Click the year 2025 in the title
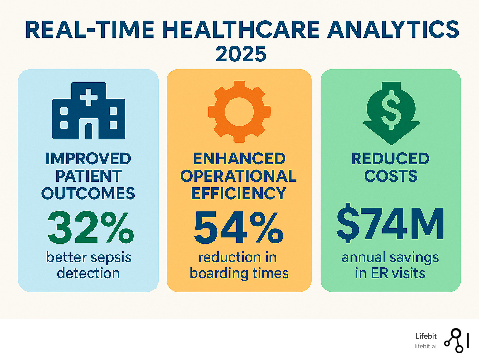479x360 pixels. pos(241,54)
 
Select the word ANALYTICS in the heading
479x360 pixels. pos(393,30)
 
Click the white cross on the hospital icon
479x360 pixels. pos(89,96)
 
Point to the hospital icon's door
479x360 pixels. pos(89,131)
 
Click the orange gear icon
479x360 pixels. pos(239,111)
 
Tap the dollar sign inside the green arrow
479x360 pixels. pos(391,109)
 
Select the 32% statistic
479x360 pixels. pos(91,228)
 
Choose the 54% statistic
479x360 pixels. pos(239,228)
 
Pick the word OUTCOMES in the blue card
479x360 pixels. pos(88,194)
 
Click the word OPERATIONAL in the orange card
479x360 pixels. pos(239,176)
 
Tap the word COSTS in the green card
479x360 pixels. pos(391,176)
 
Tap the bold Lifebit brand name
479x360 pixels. pos(426,336)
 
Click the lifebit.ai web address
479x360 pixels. pos(425,346)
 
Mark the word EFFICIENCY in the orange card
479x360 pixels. pos(239,194)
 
